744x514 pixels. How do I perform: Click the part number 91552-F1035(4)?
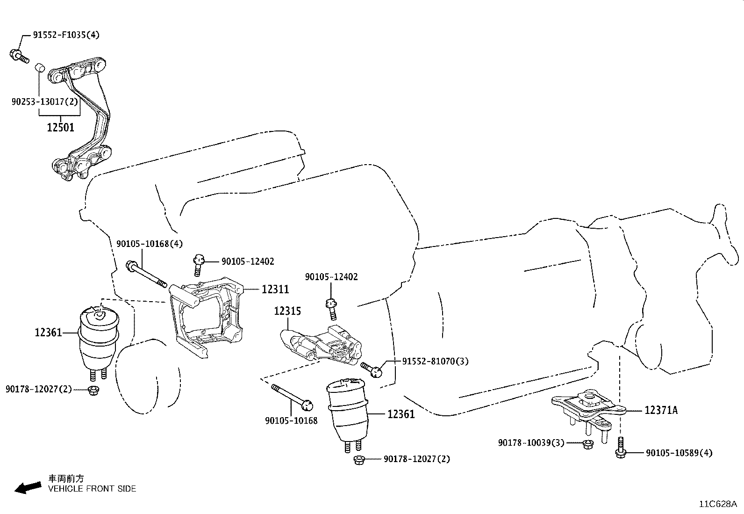click(66, 35)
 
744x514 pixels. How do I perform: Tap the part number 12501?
click(60, 127)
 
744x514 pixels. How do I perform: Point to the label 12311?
click(275, 290)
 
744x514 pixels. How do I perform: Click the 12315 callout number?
click(287, 311)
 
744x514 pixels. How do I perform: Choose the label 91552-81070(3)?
click(435, 361)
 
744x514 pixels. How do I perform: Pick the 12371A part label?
click(661, 410)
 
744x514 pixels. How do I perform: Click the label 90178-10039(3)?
click(531, 442)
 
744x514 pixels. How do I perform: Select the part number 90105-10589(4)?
click(679, 453)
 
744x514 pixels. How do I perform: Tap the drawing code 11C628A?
click(717, 504)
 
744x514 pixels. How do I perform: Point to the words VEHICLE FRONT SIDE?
click(92, 489)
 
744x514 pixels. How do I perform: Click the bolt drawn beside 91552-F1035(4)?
click(19, 56)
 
